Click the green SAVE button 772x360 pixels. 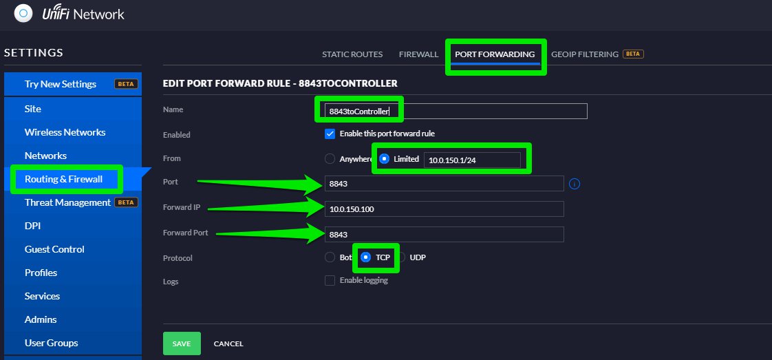click(182, 343)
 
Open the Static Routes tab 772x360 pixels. click(352, 54)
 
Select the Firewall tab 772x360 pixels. click(418, 54)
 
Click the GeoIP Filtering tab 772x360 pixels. click(584, 54)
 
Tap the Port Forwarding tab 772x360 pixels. click(495, 54)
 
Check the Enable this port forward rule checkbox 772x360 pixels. click(330, 134)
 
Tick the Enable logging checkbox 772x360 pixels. click(330, 281)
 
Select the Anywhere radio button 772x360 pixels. click(330, 159)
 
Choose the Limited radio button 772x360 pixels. click(384, 159)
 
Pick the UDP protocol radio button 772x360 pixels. click(400, 257)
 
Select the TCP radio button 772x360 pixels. click(366, 257)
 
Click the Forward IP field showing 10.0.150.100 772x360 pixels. click(444, 209)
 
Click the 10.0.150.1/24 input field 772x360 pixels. click(472, 160)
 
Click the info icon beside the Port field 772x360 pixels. click(575, 184)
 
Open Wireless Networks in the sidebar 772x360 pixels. click(65, 132)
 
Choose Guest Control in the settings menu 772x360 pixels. click(54, 249)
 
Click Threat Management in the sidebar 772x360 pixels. click(68, 202)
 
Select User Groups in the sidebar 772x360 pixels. click(51, 343)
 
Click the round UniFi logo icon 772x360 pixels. click(23, 13)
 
